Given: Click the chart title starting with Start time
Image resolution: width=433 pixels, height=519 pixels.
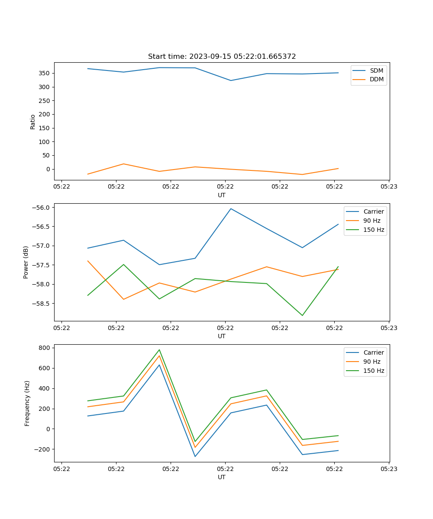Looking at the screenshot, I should (222, 57).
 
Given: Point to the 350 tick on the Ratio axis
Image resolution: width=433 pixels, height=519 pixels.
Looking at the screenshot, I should (45, 73).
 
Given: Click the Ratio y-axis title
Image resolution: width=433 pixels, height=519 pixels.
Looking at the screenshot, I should (33, 122).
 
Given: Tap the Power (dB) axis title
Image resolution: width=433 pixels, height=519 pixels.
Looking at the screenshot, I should (26, 262).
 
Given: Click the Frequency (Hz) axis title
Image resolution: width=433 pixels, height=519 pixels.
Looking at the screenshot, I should (27, 403).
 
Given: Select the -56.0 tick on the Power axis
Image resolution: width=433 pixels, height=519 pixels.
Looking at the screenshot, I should (41, 208).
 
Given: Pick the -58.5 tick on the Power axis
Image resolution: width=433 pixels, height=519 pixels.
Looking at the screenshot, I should (41, 304).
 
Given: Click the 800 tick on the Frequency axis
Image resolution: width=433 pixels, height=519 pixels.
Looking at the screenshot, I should (45, 348).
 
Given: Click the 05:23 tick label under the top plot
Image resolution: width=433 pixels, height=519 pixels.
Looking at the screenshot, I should (389, 187).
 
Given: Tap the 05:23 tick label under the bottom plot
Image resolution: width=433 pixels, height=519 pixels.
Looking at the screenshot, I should (389, 469).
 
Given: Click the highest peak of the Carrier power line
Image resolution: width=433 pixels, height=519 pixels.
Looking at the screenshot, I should (231, 208).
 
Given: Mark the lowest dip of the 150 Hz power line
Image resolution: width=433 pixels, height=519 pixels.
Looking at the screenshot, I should (302, 315).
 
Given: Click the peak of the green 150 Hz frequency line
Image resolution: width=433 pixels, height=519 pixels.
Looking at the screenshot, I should (159, 350).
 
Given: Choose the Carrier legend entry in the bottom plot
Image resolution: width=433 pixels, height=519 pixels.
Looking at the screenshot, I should (374, 352).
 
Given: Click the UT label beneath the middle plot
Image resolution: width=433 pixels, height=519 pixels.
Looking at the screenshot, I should (222, 336).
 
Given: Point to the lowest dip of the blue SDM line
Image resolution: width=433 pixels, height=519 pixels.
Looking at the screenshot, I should (231, 80).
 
